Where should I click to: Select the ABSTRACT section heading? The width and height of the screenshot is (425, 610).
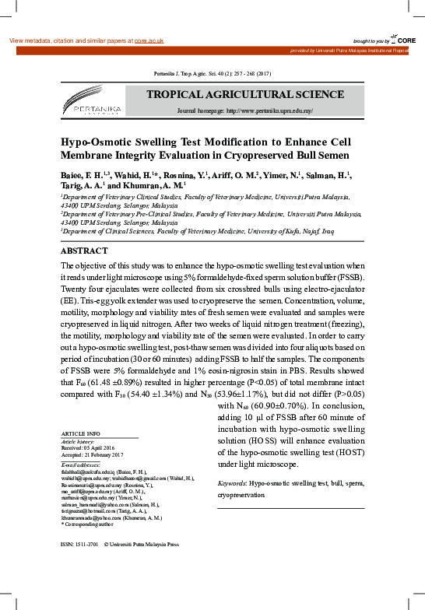click(x=84, y=230)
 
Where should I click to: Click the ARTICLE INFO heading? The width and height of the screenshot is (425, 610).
click(x=80, y=433)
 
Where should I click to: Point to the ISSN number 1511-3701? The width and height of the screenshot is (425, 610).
click(x=86, y=544)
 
